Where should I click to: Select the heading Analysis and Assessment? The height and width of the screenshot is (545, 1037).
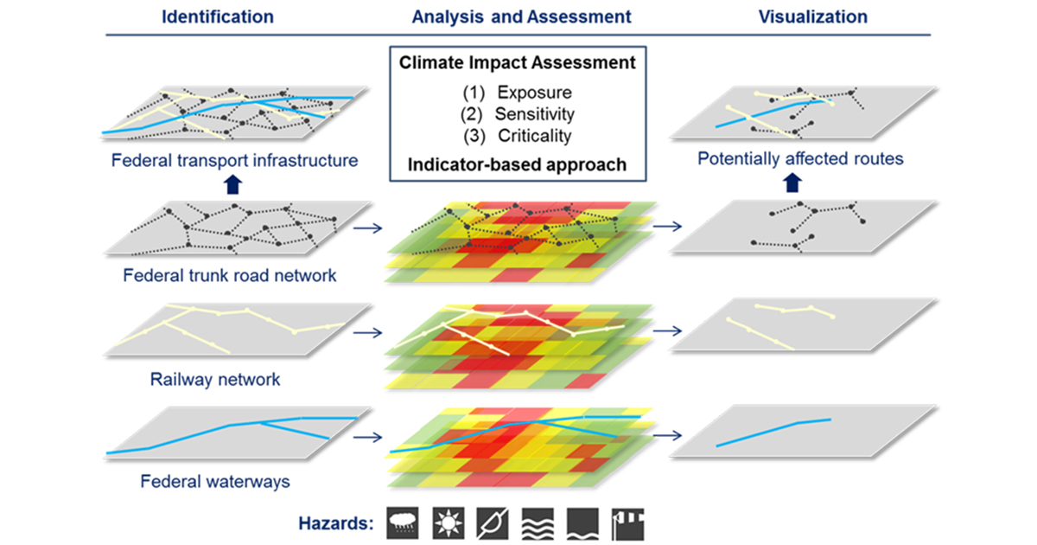pyautogui.click(x=521, y=16)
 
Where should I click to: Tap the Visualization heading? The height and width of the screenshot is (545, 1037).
pyautogui.click(x=812, y=16)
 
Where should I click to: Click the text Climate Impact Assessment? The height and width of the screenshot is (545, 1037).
pyautogui.click(x=518, y=63)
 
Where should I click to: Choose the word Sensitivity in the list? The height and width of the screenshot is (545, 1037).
pyautogui.click(x=534, y=113)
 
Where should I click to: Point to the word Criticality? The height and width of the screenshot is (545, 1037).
pyautogui.click(x=534, y=135)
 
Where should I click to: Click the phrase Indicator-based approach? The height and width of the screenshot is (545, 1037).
pyautogui.click(x=518, y=164)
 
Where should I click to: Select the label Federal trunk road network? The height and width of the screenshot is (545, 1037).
pyautogui.click(x=229, y=277)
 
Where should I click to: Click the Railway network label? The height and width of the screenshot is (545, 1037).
pyautogui.click(x=215, y=379)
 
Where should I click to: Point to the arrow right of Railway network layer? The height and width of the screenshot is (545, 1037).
pyautogui.click(x=368, y=330)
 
